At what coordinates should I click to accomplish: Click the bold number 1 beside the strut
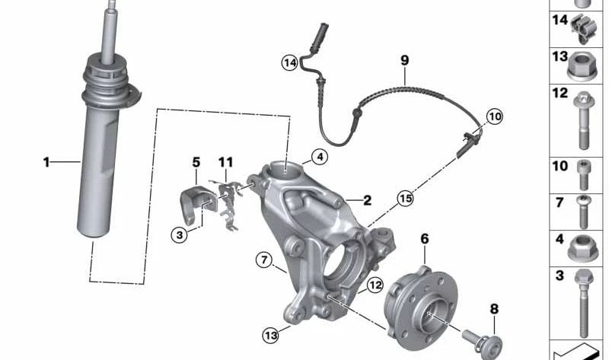(46, 161)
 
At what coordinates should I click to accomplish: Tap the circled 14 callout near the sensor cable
(289, 63)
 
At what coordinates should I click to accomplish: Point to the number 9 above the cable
(404, 60)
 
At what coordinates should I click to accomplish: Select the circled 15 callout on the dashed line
(405, 199)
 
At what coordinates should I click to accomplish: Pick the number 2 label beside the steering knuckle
(367, 201)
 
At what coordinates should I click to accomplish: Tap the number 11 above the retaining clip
(225, 162)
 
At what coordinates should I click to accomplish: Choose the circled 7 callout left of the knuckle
(264, 261)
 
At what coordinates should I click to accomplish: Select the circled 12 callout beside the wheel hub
(374, 285)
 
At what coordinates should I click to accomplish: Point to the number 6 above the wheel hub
(425, 239)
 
